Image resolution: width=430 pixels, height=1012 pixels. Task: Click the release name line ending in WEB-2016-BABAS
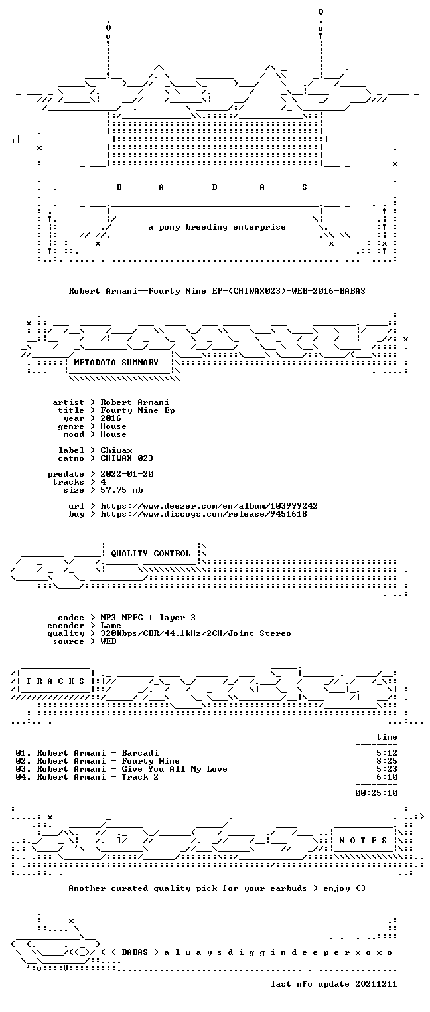217,291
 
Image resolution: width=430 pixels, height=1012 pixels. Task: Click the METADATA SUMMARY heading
116,363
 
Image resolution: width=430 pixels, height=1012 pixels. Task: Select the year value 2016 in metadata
111,418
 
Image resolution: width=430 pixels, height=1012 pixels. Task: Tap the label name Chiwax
117,450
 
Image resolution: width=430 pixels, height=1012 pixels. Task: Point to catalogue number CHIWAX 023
127,458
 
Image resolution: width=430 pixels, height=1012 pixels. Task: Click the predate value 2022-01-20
127,474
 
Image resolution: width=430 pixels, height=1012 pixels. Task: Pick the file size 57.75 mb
121,490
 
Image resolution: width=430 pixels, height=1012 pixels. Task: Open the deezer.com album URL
209,506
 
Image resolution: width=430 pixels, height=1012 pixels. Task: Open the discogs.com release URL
204,514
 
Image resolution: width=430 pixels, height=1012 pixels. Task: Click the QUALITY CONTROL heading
151,554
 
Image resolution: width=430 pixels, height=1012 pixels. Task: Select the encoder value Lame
111,626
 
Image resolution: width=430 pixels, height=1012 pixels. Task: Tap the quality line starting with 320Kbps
196,634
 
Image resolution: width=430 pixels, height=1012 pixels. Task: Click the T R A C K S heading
56,681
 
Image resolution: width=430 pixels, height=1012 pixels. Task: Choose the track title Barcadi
141,753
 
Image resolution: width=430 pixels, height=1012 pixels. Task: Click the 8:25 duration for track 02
387,761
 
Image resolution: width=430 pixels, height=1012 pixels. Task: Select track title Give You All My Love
175,770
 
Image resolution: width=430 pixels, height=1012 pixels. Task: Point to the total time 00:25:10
376,793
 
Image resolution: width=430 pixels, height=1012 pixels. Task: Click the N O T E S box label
363,841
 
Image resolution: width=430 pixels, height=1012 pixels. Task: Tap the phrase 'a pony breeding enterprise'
217,227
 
